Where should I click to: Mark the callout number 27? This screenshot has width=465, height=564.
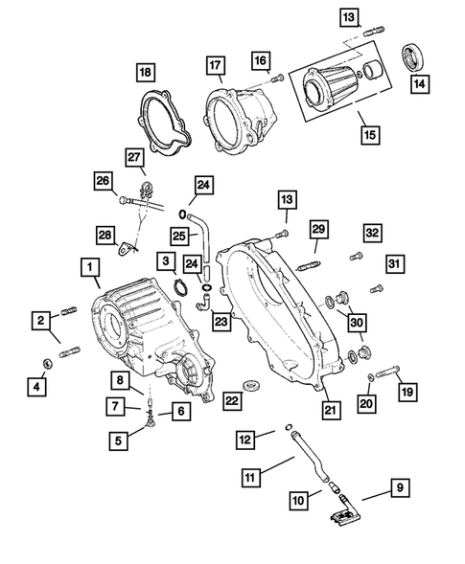[x=133, y=157]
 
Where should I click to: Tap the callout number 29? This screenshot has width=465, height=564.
[x=318, y=229]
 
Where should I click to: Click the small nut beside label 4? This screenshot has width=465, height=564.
[x=48, y=364]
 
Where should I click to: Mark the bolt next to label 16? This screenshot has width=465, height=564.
[x=277, y=77]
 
